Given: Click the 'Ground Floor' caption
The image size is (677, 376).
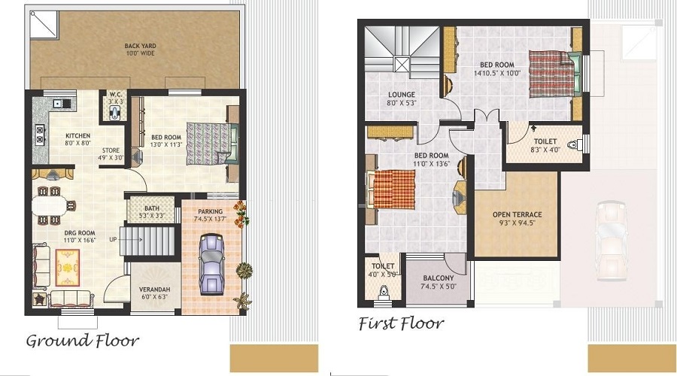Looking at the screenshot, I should [x=83, y=341].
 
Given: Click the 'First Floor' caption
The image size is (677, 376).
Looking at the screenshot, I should [x=401, y=324].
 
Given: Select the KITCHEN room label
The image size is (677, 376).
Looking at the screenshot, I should [x=57, y=136].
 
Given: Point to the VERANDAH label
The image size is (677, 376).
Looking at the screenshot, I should [x=154, y=288].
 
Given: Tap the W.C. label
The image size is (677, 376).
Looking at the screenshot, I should [x=115, y=95].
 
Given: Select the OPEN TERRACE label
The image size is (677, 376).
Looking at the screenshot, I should [x=517, y=214].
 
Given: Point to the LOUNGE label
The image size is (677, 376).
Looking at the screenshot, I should [x=402, y=95].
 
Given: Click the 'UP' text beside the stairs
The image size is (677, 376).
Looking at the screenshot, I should [x=113, y=238].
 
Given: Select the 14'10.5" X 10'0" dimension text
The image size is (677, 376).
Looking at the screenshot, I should [x=497, y=74].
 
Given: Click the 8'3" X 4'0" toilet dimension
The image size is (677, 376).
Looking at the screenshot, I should [x=543, y=150].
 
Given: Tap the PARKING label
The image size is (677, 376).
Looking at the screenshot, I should [x=211, y=211].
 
